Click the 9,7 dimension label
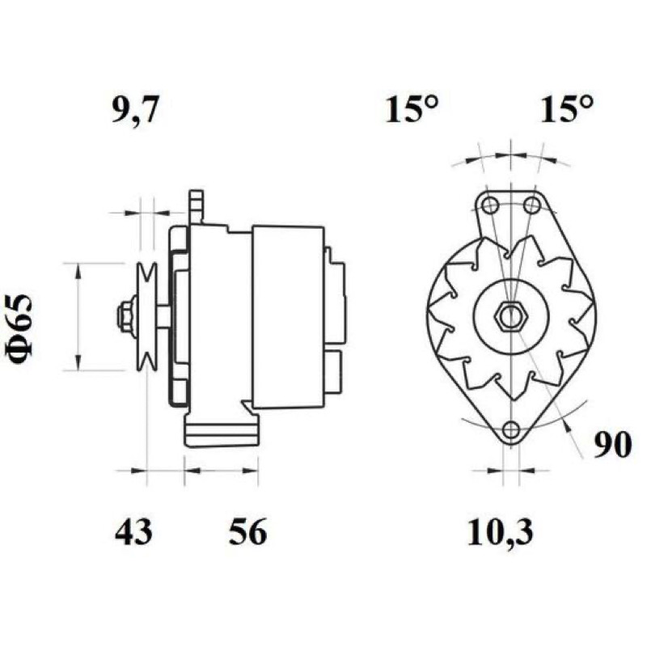pos(134,111)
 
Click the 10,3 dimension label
pos(500,532)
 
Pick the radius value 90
pos(612,444)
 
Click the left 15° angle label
pos(411,109)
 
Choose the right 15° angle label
pos(567,109)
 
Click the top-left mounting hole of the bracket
pos(490,205)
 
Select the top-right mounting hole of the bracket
pos(532,205)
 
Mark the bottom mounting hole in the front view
pos(512,429)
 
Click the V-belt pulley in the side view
pos(147,316)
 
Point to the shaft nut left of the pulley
pos(125,316)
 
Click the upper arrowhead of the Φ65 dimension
pos(78,271)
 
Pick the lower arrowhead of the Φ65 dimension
pos(78,362)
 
